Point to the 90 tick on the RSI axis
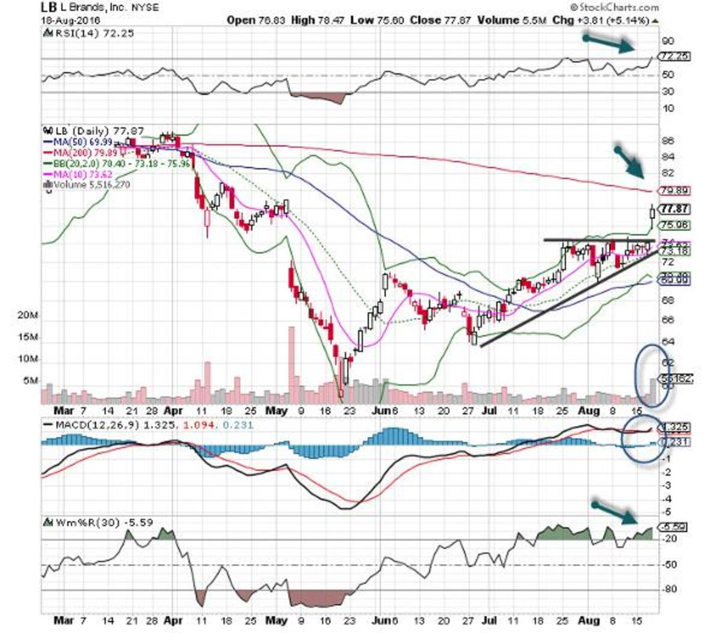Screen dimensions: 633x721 click(x=668, y=41)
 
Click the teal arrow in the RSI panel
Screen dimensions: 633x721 click(x=608, y=42)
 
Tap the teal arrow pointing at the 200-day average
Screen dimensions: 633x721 click(x=628, y=161)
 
